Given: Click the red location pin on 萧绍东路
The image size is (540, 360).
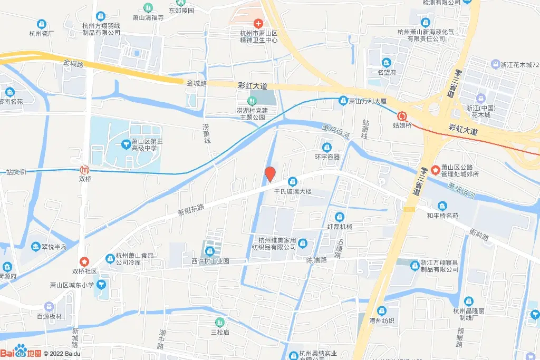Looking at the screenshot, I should tap(270, 173).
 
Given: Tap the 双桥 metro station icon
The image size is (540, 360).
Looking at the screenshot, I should tap(83, 170).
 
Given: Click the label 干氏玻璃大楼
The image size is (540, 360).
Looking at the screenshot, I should tap(293, 191).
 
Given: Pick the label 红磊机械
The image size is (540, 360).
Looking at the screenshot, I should tap(340, 227).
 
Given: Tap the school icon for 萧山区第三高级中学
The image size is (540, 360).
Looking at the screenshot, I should tap(126, 143).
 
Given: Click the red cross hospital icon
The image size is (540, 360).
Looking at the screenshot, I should tap(258, 23).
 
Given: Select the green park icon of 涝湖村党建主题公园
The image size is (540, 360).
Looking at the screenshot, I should tap(251, 101).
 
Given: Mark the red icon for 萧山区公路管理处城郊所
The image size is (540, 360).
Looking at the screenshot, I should tap(436, 170).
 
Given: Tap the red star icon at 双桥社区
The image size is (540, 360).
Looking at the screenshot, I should tap(84, 261).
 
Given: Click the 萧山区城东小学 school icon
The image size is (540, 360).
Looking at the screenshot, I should tap(101, 285).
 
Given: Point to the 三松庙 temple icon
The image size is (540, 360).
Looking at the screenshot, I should tap(219, 322).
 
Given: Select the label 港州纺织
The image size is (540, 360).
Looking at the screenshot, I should tap(381, 320).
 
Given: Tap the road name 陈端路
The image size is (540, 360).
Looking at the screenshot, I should tap(316, 260).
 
